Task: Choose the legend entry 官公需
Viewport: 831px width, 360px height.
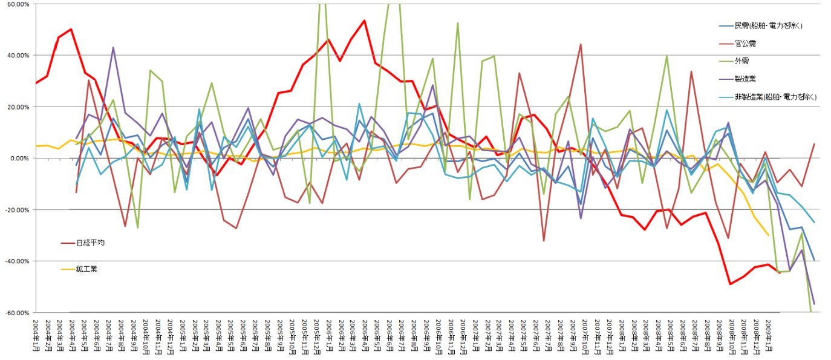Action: point(746,44)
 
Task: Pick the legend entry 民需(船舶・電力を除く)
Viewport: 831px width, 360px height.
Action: point(768,26)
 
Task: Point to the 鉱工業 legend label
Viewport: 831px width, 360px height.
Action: point(88,269)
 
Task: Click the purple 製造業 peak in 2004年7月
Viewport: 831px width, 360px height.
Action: point(113,47)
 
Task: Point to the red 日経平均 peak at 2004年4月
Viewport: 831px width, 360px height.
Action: point(71,29)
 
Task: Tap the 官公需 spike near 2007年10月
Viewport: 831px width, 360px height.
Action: point(581,44)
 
